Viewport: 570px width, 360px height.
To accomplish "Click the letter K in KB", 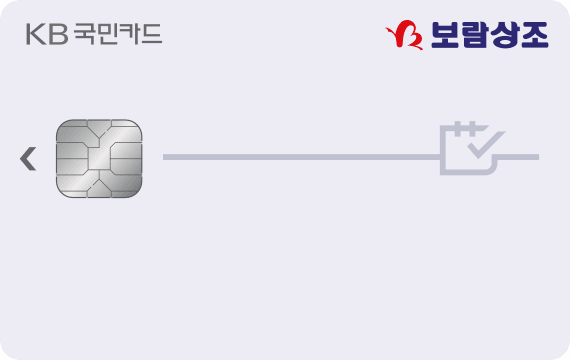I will click(35, 35).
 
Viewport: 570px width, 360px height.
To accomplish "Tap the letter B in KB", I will click(56, 35).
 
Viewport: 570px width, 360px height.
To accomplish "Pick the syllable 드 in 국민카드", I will click(151, 35).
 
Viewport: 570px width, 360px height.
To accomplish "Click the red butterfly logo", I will click(405, 35).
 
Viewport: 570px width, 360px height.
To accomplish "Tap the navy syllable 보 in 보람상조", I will click(444, 35).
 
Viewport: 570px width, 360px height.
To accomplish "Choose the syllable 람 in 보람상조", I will click(474, 35).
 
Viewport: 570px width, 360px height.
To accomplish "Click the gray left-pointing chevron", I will click(28, 157).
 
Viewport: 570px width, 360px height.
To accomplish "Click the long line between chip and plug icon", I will click(300, 157).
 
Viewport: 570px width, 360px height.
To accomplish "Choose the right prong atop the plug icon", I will click(475, 127).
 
